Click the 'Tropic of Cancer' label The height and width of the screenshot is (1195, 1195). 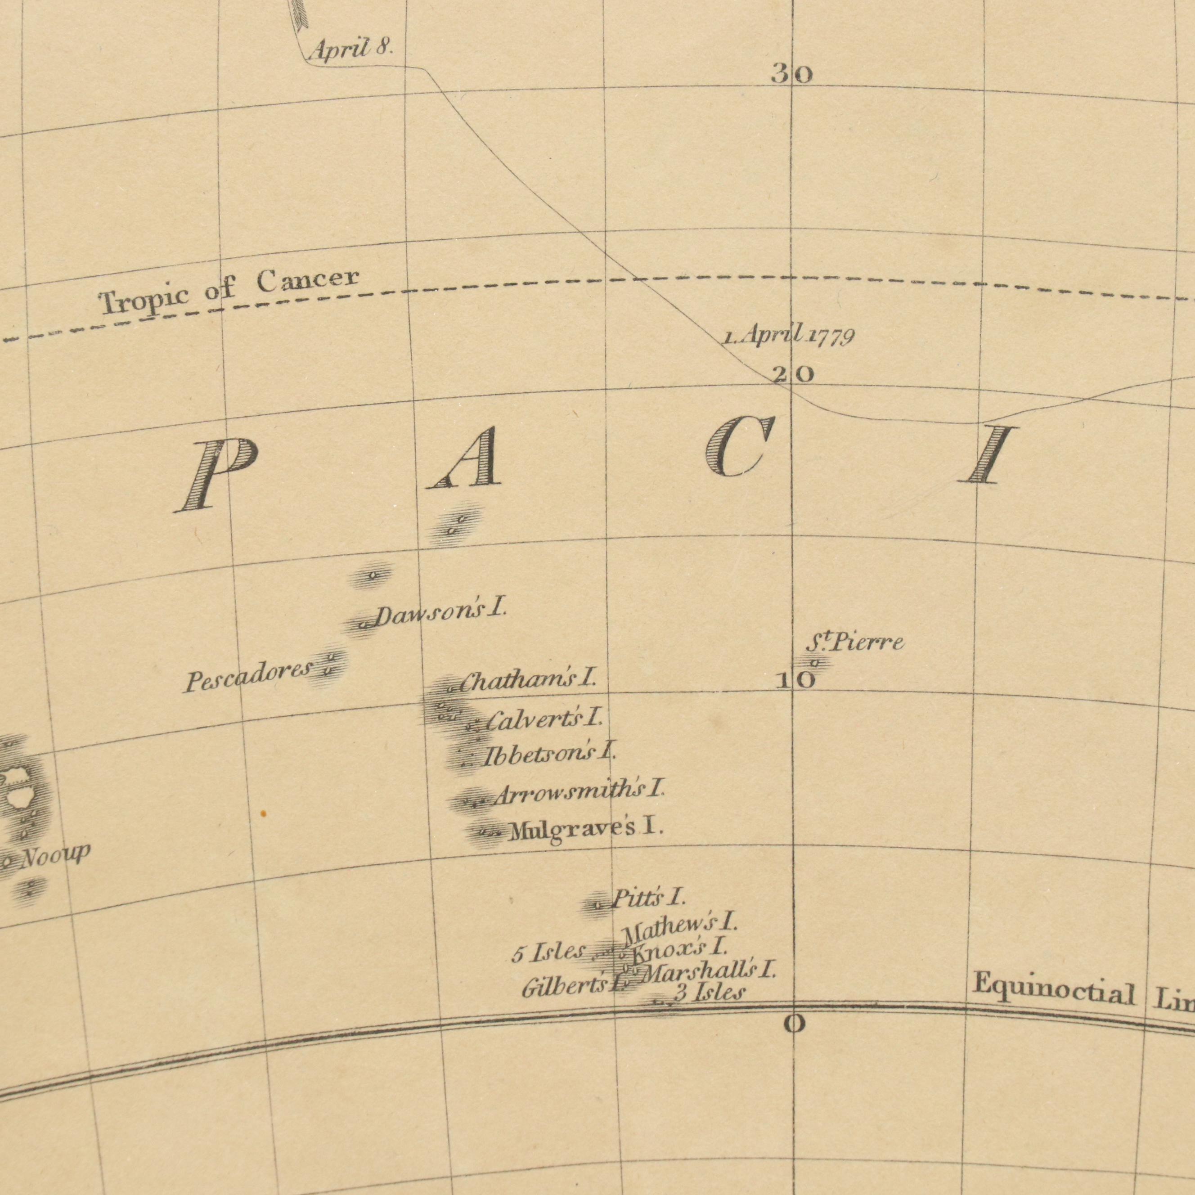[229, 290]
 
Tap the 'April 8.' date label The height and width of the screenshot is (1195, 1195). [350, 48]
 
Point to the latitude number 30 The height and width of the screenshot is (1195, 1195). [792, 76]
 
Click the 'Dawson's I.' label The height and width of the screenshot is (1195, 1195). [440, 614]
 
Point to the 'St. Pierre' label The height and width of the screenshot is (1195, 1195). [855, 643]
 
